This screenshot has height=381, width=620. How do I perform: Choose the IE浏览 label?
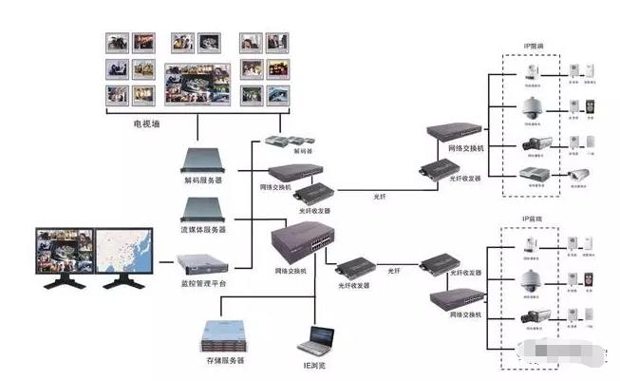[x=314, y=364]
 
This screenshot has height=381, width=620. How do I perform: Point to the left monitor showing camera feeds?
[x=66, y=254]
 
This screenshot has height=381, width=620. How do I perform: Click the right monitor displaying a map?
[x=123, y=253]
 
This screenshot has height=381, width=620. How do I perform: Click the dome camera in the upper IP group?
[x=533, y=108]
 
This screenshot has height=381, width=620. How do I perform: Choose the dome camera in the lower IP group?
[x=533, y=279]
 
